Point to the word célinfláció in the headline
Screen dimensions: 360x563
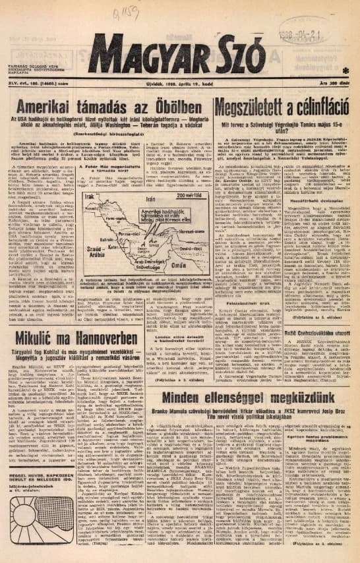tap(315, 107)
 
